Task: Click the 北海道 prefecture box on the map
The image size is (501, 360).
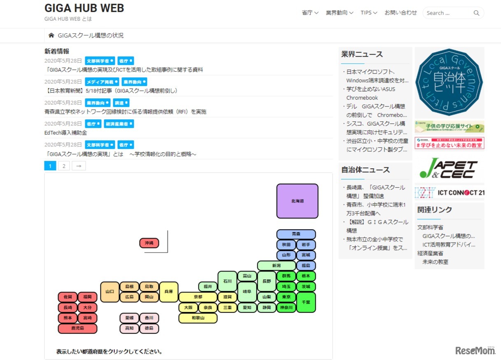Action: (x=297, y=201)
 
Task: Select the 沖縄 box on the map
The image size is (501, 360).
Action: (x=149, y=243)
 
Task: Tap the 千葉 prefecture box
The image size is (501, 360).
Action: (x=306, y=302)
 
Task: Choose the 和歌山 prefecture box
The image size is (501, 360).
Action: (x=198, y=318)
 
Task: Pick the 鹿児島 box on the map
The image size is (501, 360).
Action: (x=77, y=328)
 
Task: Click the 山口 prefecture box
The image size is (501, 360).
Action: (x=110, y=292)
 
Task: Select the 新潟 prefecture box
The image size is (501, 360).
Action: (x=276, y=265)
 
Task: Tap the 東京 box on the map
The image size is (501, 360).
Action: (x=286, y=297)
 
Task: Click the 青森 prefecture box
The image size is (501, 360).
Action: (x=296, y=234)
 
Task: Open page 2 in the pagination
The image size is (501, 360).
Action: (x=63, y=166)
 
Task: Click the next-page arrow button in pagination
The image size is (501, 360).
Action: (x=79, y=166)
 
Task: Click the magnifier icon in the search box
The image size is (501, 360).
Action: (x=476, y=13)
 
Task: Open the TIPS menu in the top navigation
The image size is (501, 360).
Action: (x=369, y=13)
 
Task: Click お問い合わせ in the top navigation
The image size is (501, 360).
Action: (x=401, y=13)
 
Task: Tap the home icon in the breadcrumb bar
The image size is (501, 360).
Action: (x=51, y=35)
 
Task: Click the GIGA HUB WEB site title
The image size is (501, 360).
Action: (x=84, y=8)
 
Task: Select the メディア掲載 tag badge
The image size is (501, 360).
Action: (x=102, y=82)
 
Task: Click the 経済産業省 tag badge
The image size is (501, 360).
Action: (x=119, y=124)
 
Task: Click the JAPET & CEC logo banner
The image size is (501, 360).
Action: (x=449, y=168)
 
